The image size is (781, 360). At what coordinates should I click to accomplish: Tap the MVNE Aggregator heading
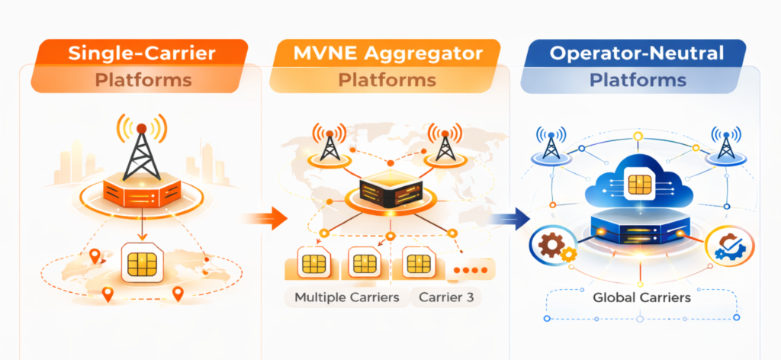click(x=387, y=53)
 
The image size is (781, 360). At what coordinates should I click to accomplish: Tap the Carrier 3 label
click(x=446, y=297)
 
